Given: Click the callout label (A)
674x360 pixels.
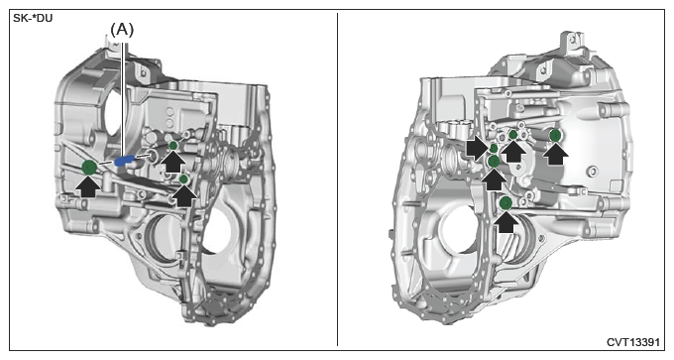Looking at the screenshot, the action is tap(122, 30).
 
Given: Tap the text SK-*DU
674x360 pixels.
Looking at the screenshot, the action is tap(33, 19).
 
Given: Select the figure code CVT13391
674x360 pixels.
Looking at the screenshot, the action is tap(632, 342).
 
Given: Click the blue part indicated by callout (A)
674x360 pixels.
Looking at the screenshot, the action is tap(124, 161).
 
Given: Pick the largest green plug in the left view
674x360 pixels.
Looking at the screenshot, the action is tap(89, 167).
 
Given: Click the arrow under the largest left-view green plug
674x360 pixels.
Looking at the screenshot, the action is tap(89, 186).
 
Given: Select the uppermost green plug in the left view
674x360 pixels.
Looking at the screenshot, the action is tap(173, 146).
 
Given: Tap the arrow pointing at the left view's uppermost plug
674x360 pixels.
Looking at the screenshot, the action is tap(172, 163).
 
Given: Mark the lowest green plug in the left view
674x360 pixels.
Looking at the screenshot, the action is tap(183, 179).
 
